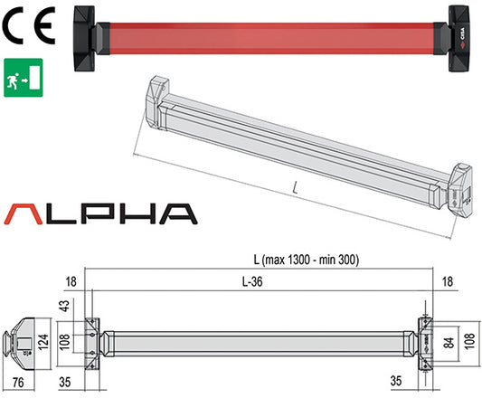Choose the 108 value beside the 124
(62, 344)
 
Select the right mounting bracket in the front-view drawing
(424, 342)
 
